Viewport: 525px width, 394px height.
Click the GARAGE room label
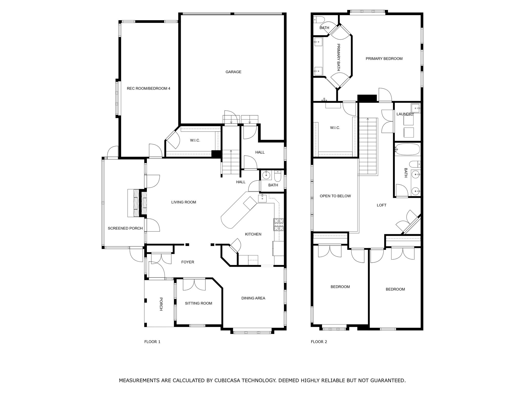pyautogui.click(x=233, y=72)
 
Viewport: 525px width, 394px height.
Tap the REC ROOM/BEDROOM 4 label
pyautogui.click(x=148, y=88)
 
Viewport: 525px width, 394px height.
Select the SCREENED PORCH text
pyautogui.click(x=125, y=228)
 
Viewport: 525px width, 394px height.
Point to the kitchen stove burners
pyautogui.click(x=279, y=224)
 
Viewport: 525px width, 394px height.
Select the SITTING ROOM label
pyautogui.click(x=198, y=303)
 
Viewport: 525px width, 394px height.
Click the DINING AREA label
pyautogui.click(x=253, y=298)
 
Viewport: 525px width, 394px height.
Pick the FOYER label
pyautogui.click(x=188, y=262)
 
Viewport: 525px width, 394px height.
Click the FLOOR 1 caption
pyautogui.click(x=152, y=342)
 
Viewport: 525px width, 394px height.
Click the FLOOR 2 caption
pyautogui.click(x=319, y=342)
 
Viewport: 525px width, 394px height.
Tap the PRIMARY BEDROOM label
pyautogui.click(x=384, y=58)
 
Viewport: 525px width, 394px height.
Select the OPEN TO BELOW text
pyautogui.click(x=335, y=196)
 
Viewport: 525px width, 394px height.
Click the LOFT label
pyautogui.click(x=381, y=205)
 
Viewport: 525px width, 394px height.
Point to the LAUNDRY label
pyautogui.click(x=405, y=114)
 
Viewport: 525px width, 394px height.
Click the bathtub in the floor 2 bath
pyautogui.click(x=407, y=149)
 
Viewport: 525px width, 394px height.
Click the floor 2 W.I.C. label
pyautogui.click(x=335, y=128)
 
